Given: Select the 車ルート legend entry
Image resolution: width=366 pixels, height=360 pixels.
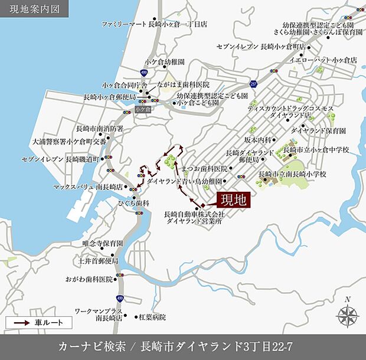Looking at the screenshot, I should tap(38, 322).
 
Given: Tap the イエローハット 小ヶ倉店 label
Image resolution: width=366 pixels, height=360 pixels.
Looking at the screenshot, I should tap(328, 60).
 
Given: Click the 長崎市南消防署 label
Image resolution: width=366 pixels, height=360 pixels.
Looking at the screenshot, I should tap(100, 128).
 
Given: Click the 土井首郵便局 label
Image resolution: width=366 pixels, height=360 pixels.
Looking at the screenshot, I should tap(98, 260).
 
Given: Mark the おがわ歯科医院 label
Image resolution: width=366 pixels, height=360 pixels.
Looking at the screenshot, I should tap(90, 279).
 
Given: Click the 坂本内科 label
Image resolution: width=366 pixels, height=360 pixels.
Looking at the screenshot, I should tap(257, 139).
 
